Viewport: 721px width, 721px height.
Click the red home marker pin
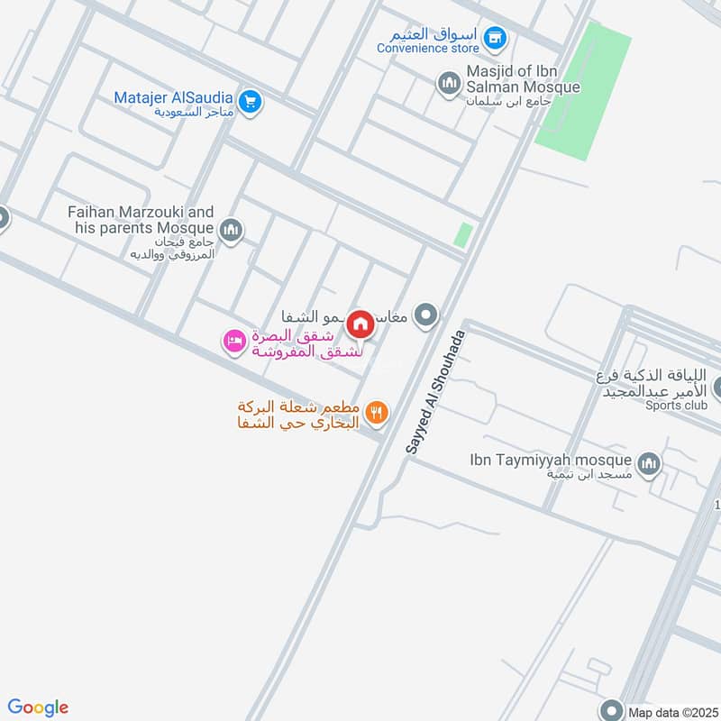coord(360,324)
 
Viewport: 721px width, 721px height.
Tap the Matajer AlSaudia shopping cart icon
coord(251,101)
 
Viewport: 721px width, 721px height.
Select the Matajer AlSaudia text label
coord(174,97)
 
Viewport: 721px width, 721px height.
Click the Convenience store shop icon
coord(494,38)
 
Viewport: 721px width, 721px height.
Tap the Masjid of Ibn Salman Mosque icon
coord(449,84)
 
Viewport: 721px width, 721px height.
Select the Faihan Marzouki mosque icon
coord(232,231)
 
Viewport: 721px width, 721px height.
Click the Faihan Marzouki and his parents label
coord(141,220)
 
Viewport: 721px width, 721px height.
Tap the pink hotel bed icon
coord(233,341)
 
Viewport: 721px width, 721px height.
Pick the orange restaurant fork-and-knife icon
coord(378,413)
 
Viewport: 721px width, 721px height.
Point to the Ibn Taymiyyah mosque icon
coord(648,464)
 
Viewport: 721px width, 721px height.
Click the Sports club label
coord(676,406)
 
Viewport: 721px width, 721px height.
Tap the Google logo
coord(38,707)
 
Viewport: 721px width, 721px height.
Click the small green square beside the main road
coord(462,235)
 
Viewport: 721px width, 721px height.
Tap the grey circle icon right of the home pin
coord(428,315)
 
